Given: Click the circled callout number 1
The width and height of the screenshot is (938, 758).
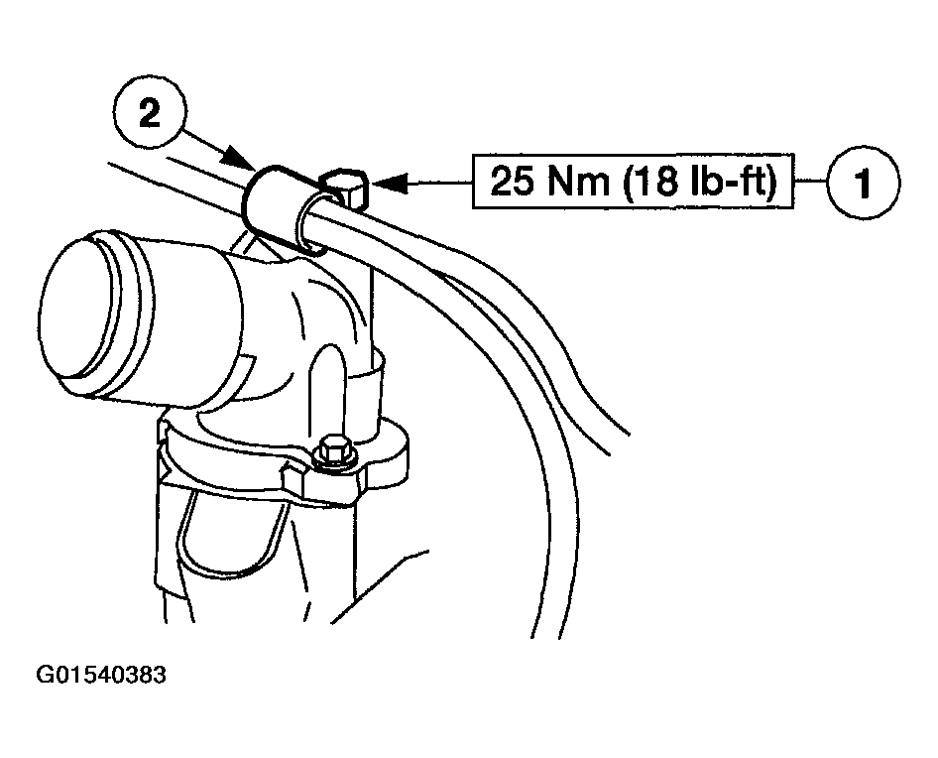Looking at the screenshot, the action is tap(863, 183).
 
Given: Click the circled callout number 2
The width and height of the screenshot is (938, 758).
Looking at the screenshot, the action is tap(150, 112).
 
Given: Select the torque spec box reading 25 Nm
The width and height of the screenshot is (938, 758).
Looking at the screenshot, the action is tap(633, 182).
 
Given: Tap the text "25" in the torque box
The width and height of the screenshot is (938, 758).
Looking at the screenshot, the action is tap(512, 182).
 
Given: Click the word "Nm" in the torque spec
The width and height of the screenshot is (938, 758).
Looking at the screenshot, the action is tap(577, 182).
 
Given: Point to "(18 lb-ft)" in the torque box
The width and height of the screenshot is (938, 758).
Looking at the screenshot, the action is tap(699, 182).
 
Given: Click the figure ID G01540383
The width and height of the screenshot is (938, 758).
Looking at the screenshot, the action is tap(101, 675).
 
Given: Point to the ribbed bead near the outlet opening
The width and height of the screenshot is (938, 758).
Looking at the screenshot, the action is tap(135, 306).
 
